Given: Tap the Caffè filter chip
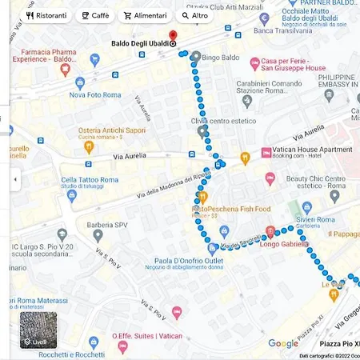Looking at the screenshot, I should click(95, 15).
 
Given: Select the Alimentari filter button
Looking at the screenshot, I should click(145, 15).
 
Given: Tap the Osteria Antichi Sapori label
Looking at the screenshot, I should click(112, 130).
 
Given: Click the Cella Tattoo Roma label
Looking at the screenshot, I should click(90, 180).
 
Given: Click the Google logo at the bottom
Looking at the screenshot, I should click(282, 344).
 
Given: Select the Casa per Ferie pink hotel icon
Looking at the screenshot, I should click(254, 62).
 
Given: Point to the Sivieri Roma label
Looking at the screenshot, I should click(314, 219).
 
